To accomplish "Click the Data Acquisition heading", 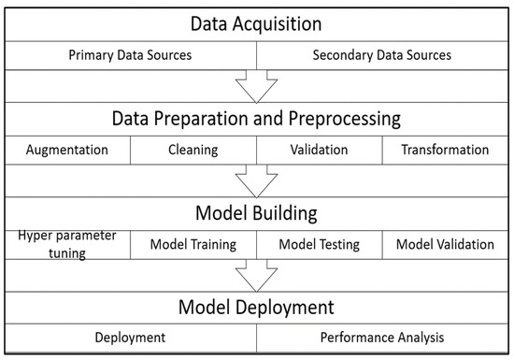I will pyautogui.click(x=256, y=22).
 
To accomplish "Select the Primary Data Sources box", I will pyautogui.click(x=130, y=55).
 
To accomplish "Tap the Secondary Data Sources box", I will pyautogui.click(x=383, y=55).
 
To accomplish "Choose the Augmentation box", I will pyautogui.click(x=67, y=150).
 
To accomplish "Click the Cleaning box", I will pyautogui.click(x=193, y=150).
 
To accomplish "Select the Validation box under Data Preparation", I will pyautogui.click(x=320, y=150).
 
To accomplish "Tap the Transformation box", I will pyautogui.click(x=445, y=150).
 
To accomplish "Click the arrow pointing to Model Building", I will pyautogui.click(x=256, y=181).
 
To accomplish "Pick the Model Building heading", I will pyautogui.click(x=256, y=212).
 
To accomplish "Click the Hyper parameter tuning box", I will pyautogui.click(x=67, y=244).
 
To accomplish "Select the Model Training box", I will pyautogui.click(x=193, y=245).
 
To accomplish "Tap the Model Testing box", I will pyautogui.click(x=320, y=245).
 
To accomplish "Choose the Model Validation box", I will pyautogui.click(x=445, y=245).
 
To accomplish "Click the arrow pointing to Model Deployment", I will pyautogui.click(x=256, y=278).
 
